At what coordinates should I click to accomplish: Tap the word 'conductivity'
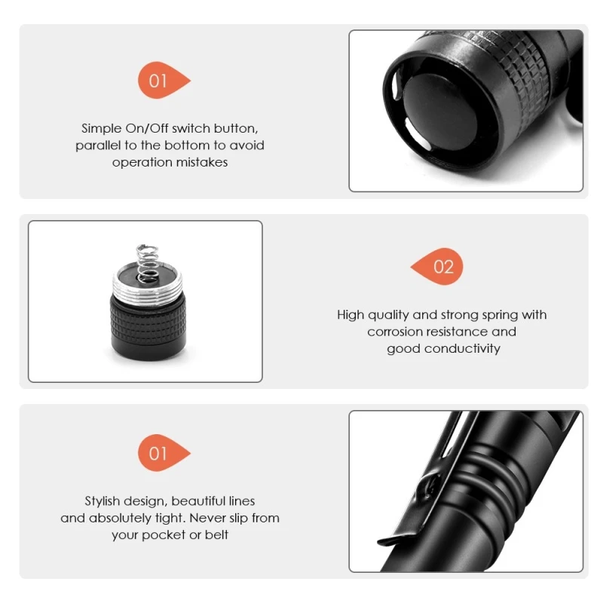pos(462,348)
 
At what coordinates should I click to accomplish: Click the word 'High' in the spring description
pos(350,315)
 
